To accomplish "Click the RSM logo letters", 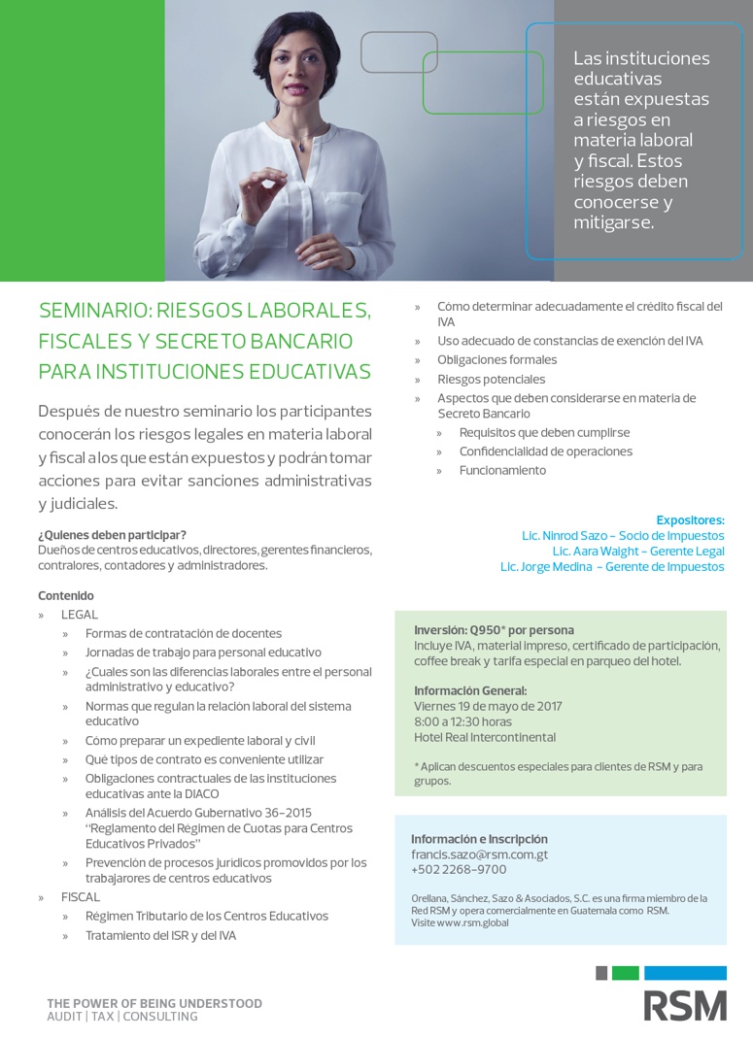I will [x=685, y=1004].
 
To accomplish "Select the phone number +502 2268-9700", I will [x=459, y=870].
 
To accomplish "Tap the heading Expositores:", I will [x=690, y=519].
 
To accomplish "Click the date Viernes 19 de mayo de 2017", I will [x=488, y=706].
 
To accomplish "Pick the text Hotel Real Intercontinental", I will [x=485, y=737].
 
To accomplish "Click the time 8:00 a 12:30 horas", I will [x=462, y=721].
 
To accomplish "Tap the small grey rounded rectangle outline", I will [x=398, y=52].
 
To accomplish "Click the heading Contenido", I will [x=66, y=595].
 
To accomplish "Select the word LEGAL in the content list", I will [x=80, y=615].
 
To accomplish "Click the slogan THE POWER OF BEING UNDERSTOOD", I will [x=154, y=1003].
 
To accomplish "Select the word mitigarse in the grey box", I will [x=614, y=222].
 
